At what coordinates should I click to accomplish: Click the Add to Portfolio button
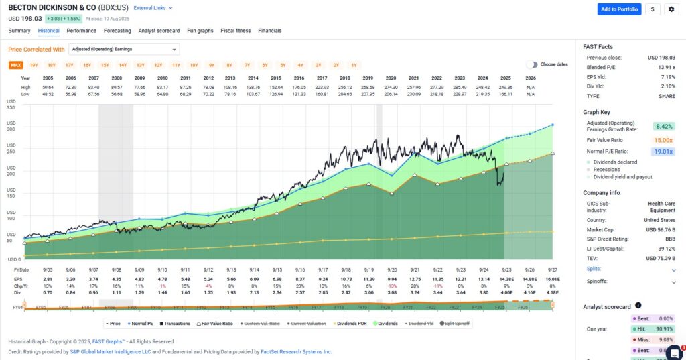click(619, 9)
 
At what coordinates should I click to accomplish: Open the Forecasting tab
click(117, 31)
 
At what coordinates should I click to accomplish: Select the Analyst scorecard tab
click(159, 31)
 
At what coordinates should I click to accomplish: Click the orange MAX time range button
click(15, 65)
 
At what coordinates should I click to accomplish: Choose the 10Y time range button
click(194, 65)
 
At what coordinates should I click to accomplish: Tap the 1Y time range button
click(354, 65)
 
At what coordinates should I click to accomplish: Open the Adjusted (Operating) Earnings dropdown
click(125, 49)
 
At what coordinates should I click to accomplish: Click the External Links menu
click(153, 8)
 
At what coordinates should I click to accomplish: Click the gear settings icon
click(671, 9)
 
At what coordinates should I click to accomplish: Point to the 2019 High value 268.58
click(368, 87)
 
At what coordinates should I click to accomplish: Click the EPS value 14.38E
click(506, 278)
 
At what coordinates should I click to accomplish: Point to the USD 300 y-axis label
click(11, 129)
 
